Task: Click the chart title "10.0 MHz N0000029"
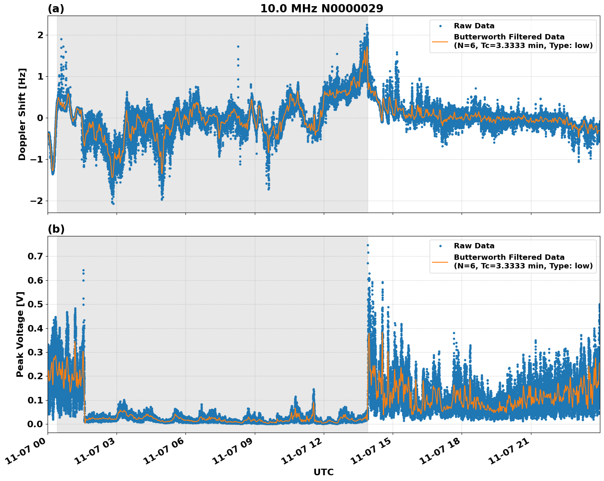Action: (322, 9)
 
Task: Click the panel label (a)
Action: (56, 9)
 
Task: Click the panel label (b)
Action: (56, 229)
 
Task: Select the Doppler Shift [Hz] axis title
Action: (22, 114)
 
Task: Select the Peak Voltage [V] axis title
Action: (20, 334)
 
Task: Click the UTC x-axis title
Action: (323, 472)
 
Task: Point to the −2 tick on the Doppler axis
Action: (37, 201)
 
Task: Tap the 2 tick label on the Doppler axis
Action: (40, 35)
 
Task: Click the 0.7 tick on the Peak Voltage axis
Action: (35, 256)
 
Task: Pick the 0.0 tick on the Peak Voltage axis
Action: (35, 424)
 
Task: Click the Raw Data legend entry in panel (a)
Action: (474, 26)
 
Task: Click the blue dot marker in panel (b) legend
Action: (440, 246)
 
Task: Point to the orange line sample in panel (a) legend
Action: (440, 41)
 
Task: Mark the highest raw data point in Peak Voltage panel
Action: (368, 245)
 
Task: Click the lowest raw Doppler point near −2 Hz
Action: (113, 204)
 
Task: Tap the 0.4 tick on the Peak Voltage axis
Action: (35, 328)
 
